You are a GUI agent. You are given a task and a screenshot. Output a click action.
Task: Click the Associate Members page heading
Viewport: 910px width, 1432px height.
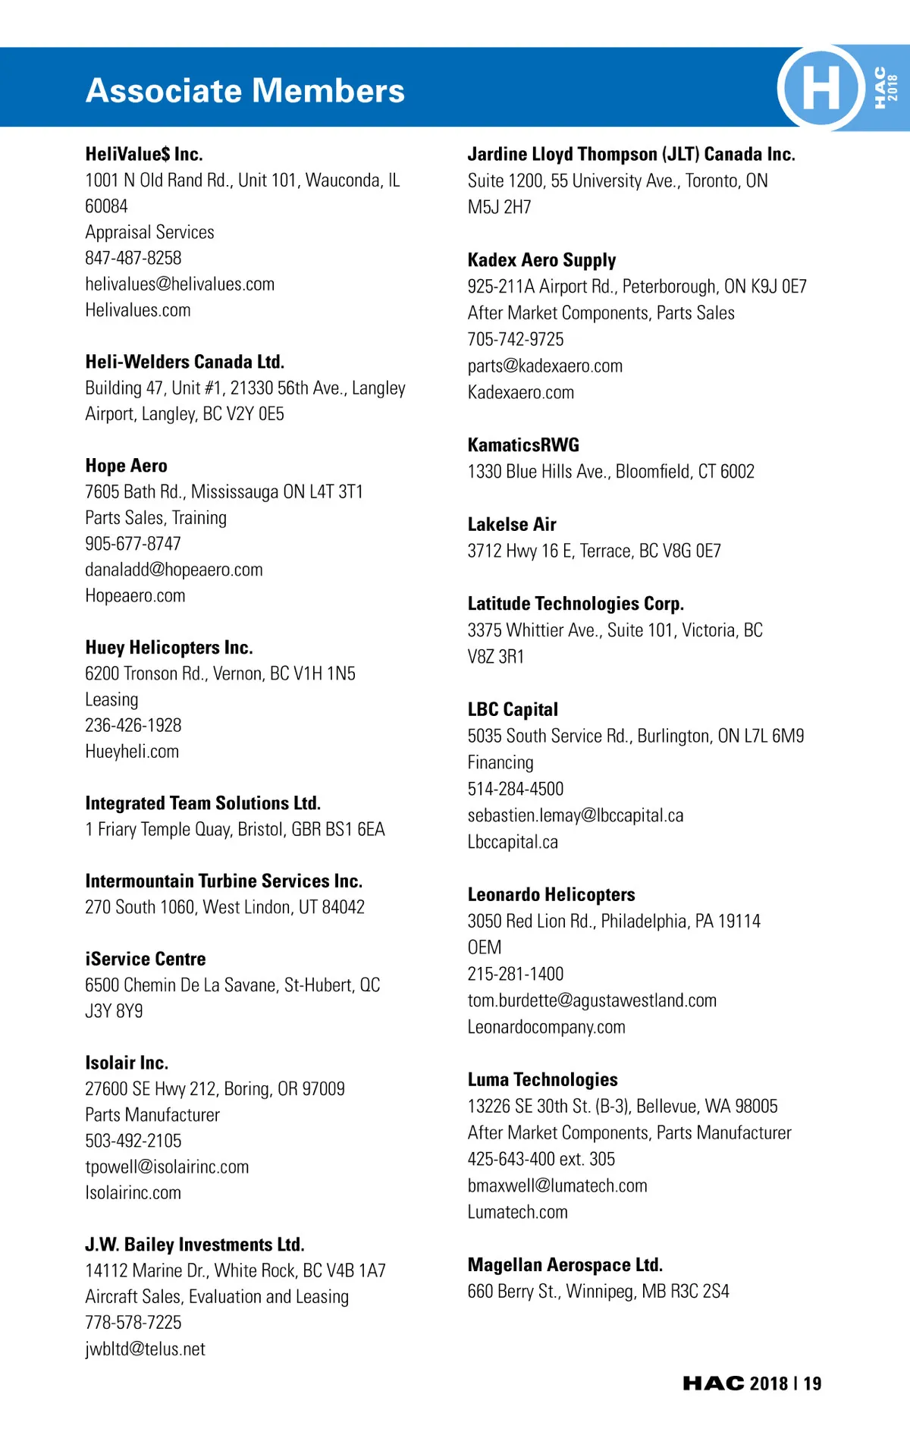pyautogui.click(x=245, y=90)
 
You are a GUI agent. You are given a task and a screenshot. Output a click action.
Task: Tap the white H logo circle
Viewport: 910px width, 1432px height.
pyautogui.click(x=821, y=87)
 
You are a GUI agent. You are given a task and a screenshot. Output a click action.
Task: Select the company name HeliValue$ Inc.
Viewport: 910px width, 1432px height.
pyautogui.click(x=144, y=154)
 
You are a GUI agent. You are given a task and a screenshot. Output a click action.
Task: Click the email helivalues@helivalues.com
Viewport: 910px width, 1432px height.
pyautogui.click(x=180, y=284)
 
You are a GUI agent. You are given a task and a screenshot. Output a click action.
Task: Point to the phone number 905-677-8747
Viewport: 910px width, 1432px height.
pyautogui.click(x=133, y=543)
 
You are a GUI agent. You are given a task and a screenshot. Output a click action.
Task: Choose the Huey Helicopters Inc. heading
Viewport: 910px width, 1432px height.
pyautogui.click(x=169, y=647)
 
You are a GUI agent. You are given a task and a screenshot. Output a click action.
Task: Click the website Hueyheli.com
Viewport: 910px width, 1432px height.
pyautogui.click(x=132, y=751)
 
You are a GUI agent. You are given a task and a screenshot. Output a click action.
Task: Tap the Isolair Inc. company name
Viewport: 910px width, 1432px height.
pyautogui.click(x=127, y=1062)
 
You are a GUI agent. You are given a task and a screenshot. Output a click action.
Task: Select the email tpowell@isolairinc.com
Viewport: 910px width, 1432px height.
pyautogui.click(x=167, y=1167)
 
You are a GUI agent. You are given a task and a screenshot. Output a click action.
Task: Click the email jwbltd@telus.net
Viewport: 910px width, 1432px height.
pyautogui.click(x=145, y=1349)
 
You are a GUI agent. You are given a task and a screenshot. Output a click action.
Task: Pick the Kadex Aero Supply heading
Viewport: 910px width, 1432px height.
pyautogui.click(x=541, y=260)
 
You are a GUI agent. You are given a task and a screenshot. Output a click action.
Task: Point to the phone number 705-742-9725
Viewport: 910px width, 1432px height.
pyautogui.click(x=516, y=339)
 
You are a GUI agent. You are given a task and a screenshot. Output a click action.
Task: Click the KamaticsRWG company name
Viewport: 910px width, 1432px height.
pyautogui.click(x=523, y=444)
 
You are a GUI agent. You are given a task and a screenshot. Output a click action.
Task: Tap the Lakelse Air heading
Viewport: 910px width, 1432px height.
pyautogui.click(x=512, y=524)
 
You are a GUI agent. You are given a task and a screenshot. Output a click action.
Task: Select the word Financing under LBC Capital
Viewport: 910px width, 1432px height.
pyautogui.click(x=500, y=762)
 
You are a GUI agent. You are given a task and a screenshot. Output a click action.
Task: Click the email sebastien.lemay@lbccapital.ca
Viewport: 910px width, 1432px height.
pyautogui.click(x=576, y=815)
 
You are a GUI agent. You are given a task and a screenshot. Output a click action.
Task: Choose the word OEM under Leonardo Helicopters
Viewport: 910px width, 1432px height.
pyautogui.click(x=485, y=947)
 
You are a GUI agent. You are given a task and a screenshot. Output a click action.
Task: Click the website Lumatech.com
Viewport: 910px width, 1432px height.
pyautogui.click(x=517, y=1212)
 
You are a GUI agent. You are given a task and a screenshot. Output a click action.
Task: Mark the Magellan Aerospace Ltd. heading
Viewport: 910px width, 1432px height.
pyautogui.click(x=565, y=1264)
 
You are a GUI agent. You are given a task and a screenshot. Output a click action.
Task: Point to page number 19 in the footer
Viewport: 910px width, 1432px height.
pyautogui.click(x=813, y=1383)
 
